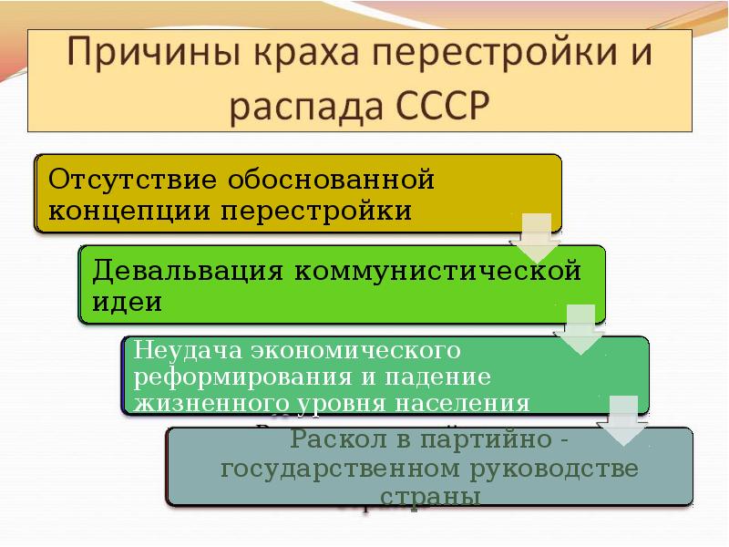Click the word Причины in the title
tap(154, 52)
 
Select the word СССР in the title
tap(443, 106)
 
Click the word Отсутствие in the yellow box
tap(132, 179)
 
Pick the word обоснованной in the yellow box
tap(331, 179)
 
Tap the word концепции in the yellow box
tap(128, 212)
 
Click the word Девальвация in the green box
tap(188, 271)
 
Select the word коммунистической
tap(437, 270)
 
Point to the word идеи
tap(127, 303)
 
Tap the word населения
tap(462, 403)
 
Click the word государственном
tap(340, 469)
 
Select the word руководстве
tap(554, 469)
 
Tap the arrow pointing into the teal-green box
tap(581, 329)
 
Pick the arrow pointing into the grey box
tap(623, 420)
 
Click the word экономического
tap(356, 350)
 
